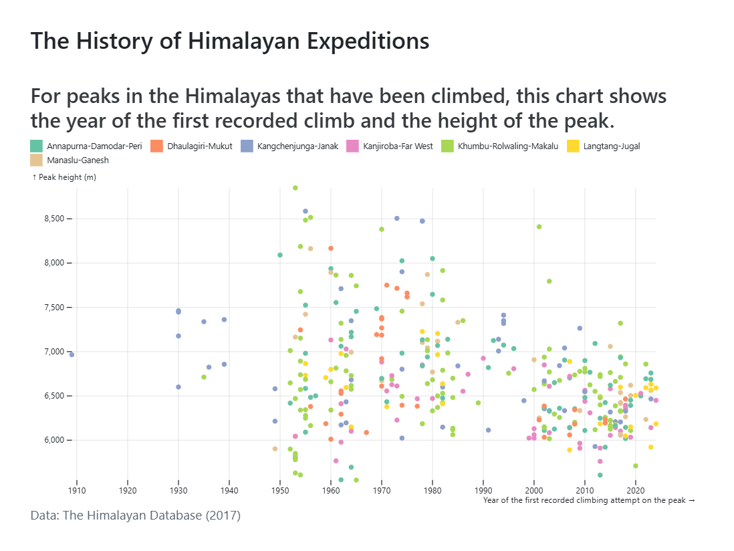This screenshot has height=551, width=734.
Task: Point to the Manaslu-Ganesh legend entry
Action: [x=78, y=160]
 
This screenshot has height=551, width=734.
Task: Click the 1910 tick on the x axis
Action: [x=77, y=490]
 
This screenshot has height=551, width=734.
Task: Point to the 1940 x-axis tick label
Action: [x=229, y=490]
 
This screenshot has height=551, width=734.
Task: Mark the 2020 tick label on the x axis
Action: [x=636, y=490]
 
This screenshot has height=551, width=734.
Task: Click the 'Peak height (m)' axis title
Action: [x=64, y=177]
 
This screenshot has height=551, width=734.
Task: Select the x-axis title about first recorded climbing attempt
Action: [x=589, y=500]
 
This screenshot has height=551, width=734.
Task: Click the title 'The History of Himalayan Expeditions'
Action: [x=230, y=41]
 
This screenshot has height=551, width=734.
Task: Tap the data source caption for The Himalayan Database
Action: [x=136, y=516]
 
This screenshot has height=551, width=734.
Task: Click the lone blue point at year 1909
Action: [x=72, y=354]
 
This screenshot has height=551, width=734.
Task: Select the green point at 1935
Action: [x=204, y=377]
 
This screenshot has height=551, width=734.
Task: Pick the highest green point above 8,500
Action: [x=295, y=188]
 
